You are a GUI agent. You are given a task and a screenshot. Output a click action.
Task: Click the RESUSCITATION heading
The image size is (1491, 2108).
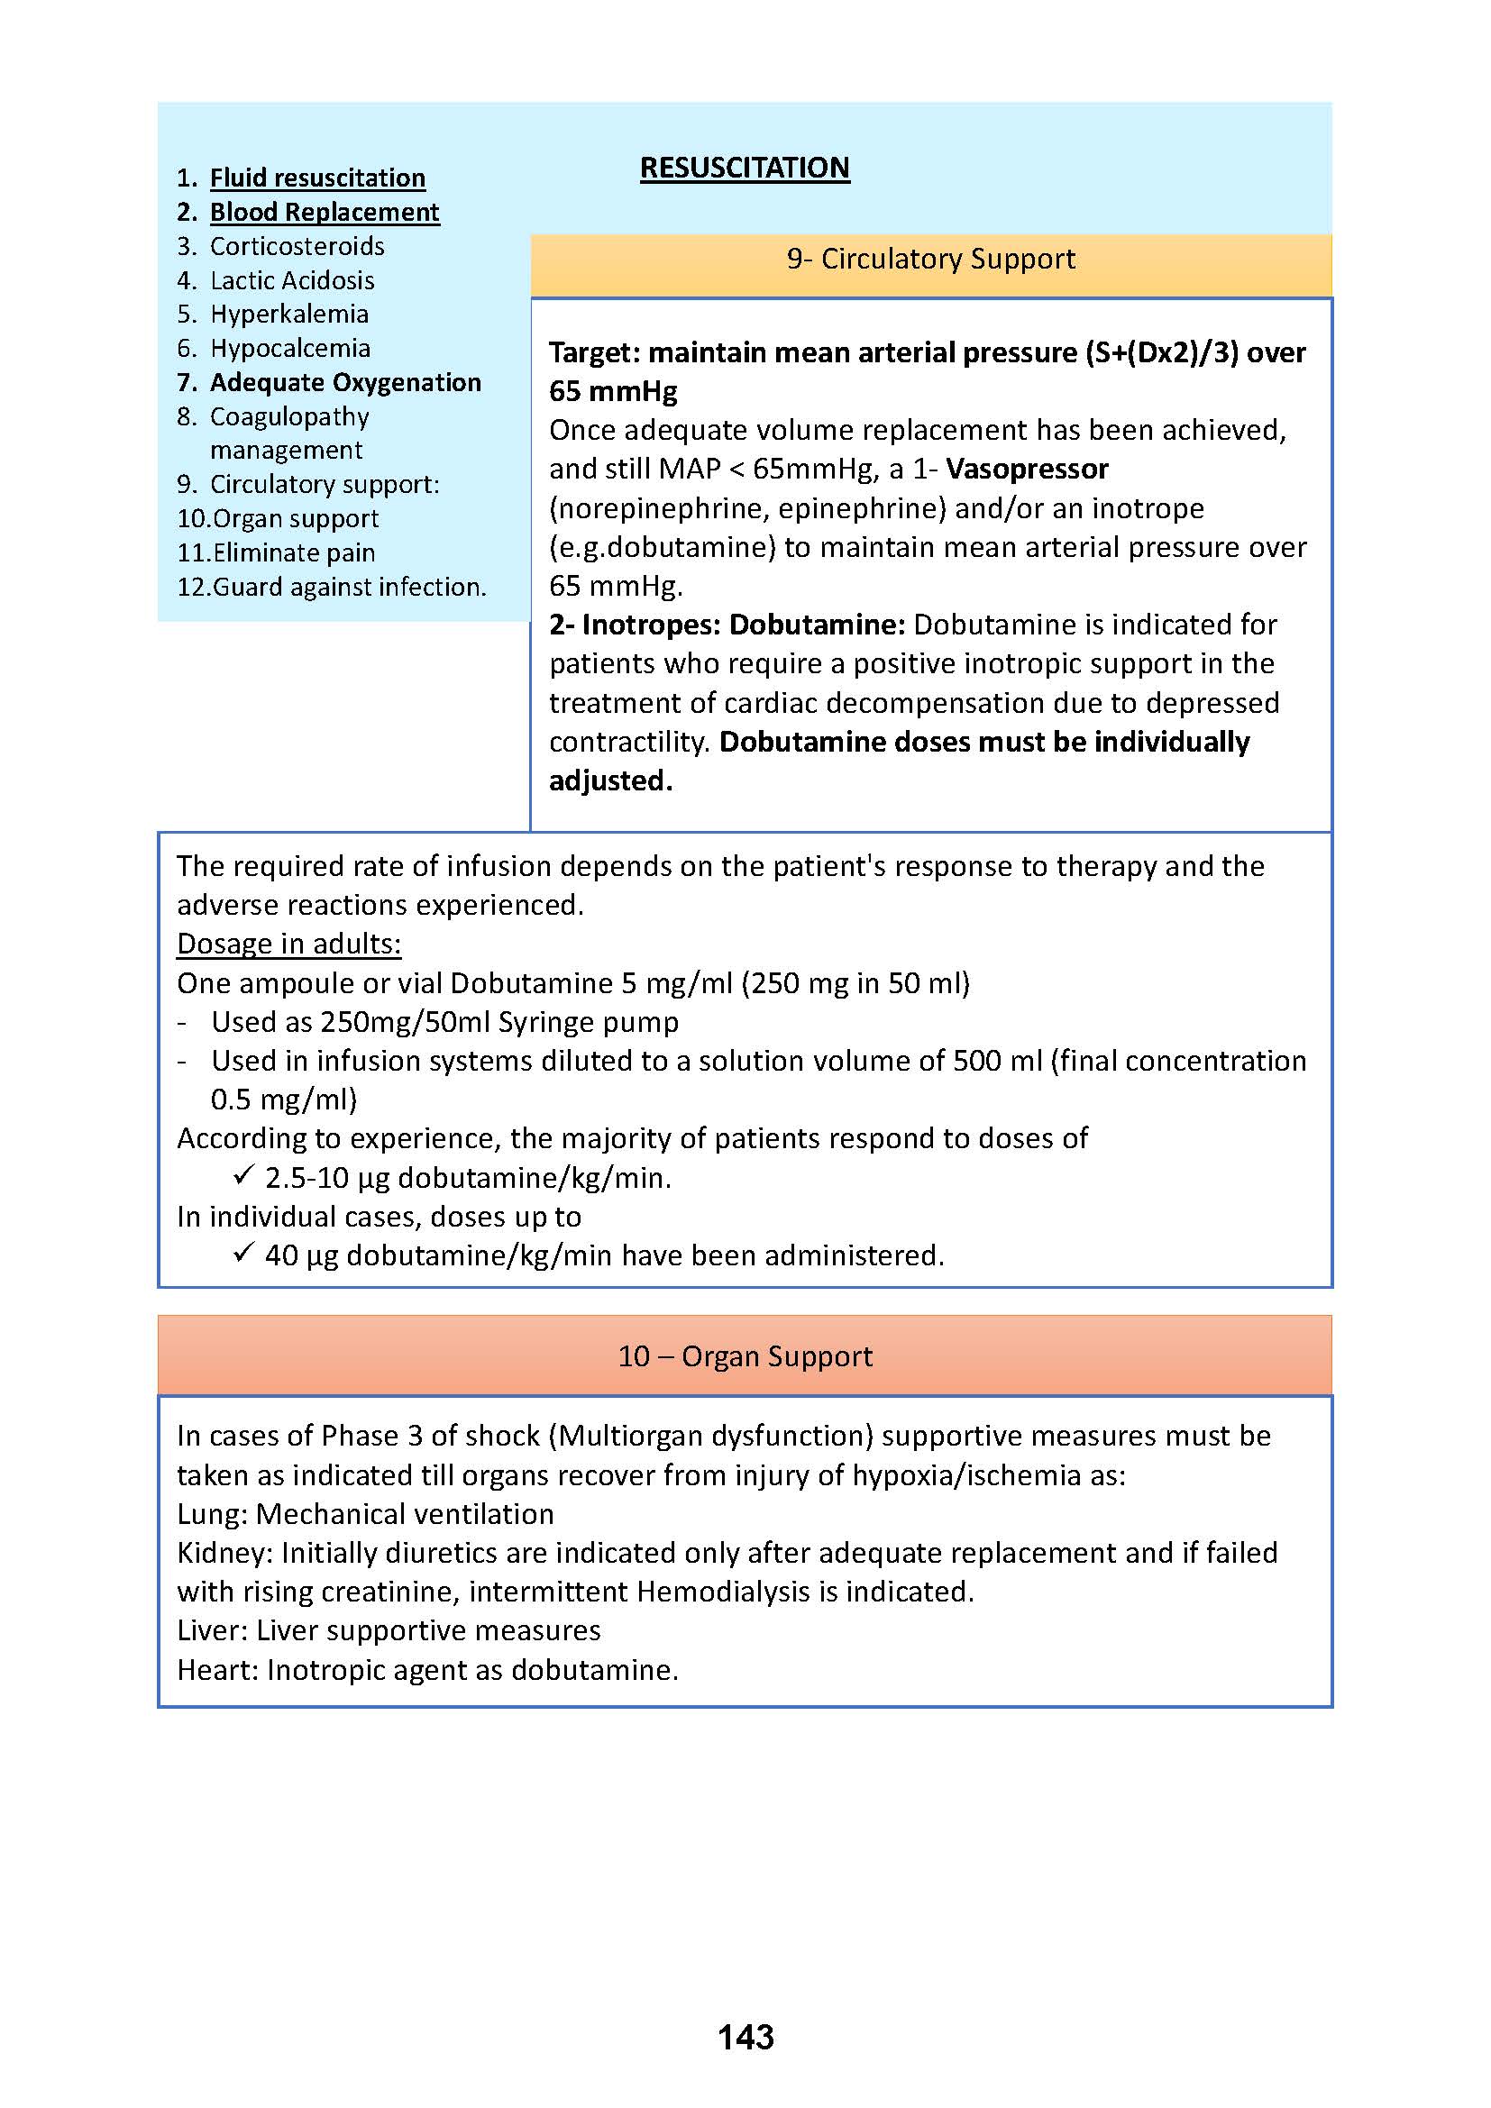pyautogui.click(x=745, y=168)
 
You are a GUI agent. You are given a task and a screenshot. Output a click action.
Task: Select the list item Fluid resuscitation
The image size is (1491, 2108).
pyautogui.click(x=317, y=178)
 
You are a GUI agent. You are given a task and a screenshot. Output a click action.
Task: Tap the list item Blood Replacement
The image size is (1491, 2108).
pyautogui.click(x=325, y=212)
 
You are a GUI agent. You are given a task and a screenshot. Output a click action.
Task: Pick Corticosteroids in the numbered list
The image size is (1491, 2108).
pyautogui.click(x=297, y=246)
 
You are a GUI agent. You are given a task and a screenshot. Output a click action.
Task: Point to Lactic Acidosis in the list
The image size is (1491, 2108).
pyautogui.click(x=292, y=280)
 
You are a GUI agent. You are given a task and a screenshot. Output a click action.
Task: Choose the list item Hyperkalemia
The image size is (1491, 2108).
pyautogui.click(x=289, y=314)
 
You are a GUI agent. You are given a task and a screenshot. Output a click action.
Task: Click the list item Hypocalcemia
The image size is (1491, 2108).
pyautogui.click(x=290, y=348)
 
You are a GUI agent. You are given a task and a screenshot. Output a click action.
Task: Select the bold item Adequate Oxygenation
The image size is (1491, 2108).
pyautogui.click(x=345, y=382)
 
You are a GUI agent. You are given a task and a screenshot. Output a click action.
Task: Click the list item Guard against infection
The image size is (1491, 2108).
pyautogui.click(x=349, y=587)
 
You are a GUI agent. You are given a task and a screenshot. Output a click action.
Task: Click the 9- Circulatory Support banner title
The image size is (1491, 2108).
pyautogui.click(x=930, y=259)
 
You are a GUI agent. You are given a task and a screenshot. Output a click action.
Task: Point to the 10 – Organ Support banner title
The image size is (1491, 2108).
pyautogui.click(x=745, y=1356)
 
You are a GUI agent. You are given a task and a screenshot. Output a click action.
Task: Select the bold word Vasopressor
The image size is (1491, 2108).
pyautogui.click(x=1027, y=470)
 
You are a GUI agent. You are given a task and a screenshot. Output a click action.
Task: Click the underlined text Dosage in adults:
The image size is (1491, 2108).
pyautogui.click(x=289, y=944)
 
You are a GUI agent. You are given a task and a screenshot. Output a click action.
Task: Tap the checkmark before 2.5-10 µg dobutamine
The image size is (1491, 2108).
pyautogui.click(x=242, y=1175)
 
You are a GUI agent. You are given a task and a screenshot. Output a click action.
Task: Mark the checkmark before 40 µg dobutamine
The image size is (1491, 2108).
pyautogui.click(x=242, y=1253)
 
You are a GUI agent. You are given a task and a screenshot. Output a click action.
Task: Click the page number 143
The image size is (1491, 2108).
pyautogui.click(x=745, y=2038)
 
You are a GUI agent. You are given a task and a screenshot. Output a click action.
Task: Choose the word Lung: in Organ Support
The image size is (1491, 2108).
pyautogui.click(x=212, y=1514)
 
